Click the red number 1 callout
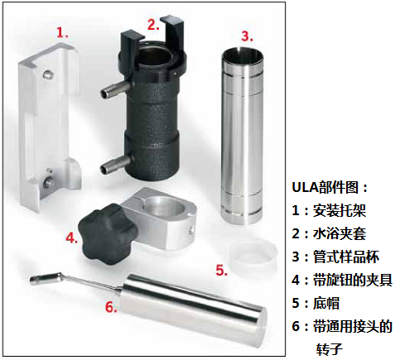[x=62, y=32]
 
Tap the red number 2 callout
[x=153, y=25]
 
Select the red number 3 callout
[x=247, y=36]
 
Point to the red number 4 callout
[x=72, y=238]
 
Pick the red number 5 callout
[x=222, y=270]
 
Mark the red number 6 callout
[x=111, y=307]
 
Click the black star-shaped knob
[x=108, y=234]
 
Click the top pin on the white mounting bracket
[x=47, y=74]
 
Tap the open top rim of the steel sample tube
[x=242, y=55]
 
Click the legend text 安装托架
[x=340, y=211]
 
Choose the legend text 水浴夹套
[x=340, y=233]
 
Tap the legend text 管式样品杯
[x=346, y=257]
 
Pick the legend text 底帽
[x=325, y=303]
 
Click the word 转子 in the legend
[x=330, y=349]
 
